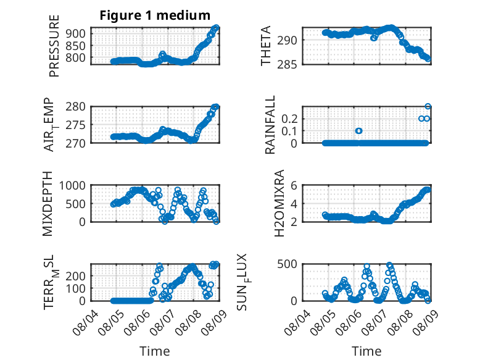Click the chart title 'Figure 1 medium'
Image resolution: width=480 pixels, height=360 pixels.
[155, 15]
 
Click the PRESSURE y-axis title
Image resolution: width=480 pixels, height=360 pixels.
[54, 46]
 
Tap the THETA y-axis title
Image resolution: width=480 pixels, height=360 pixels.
[266, 46]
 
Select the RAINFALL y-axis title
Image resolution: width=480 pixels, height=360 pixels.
[270, 125]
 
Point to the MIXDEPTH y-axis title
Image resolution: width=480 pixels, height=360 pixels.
[47, 204]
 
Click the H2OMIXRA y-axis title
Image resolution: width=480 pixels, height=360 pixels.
[279, 203]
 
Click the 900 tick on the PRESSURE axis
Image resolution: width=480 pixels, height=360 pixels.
[76, 33]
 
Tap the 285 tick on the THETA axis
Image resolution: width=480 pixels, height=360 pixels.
[287, 65]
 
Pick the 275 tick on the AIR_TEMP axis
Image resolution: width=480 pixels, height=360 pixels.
[76, 125]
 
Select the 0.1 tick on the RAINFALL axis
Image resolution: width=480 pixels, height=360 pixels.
[289, 131]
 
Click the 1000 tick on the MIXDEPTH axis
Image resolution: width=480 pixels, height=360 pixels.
[72, 186]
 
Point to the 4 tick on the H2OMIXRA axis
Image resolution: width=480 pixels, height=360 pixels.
[294, 204]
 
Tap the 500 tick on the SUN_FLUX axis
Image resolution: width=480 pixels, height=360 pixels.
[287, 264]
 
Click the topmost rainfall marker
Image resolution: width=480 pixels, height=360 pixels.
[428, 107]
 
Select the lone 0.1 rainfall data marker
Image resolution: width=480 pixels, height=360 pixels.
[359, 131]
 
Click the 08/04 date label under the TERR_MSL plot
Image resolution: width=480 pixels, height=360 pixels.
[86, 322]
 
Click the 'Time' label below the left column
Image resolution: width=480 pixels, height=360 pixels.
[155, 351]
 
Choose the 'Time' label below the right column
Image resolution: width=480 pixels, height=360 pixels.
[366, 351]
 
